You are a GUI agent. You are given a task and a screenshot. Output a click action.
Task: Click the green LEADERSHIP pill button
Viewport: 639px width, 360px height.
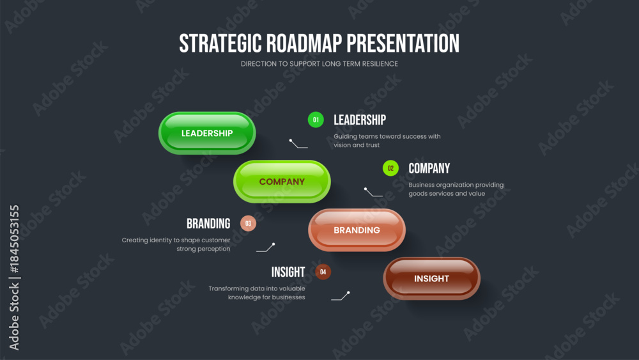click(207, 133)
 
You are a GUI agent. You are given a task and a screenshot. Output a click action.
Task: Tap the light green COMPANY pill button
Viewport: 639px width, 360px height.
click(282, 182)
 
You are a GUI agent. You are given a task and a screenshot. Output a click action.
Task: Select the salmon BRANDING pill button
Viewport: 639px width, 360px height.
click(357, 230)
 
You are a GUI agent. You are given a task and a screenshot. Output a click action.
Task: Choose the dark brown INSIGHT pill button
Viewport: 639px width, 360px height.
click(431, 278)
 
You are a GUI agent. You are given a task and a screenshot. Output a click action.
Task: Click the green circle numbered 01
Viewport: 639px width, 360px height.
click(316, 120)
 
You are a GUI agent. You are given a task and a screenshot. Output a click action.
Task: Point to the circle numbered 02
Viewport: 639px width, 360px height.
click(390, 168)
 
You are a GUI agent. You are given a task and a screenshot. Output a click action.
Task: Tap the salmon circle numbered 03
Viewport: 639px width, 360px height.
click(248, 223)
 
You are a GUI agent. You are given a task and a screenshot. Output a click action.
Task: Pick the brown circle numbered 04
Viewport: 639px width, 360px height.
click(323, 272)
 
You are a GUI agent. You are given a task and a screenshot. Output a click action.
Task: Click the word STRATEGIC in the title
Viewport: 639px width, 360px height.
click(220, 43)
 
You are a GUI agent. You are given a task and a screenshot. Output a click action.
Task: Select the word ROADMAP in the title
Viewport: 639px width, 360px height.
click(304, 43)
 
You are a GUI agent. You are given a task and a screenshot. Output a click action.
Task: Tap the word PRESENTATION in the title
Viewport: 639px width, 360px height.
click(403, 43)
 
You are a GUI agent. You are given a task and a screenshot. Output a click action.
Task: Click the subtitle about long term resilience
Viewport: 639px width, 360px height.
click(319, 64)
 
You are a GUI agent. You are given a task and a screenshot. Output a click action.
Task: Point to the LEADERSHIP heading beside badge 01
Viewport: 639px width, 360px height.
click(360, 120)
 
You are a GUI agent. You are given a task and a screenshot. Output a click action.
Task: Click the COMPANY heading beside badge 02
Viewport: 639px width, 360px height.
click(429, 168)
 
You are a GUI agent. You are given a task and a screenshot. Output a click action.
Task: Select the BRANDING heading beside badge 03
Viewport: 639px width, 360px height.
click(209, 223)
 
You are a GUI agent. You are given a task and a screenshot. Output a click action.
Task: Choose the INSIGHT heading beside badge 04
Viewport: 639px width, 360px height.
click(288, 272)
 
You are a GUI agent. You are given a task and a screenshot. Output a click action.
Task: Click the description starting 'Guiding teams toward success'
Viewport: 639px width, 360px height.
click(387, 141)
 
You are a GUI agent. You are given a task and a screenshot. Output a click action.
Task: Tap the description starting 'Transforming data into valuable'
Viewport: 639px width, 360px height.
click(257, 293)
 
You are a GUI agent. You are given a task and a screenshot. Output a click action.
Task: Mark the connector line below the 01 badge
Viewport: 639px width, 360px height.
click(298, 145)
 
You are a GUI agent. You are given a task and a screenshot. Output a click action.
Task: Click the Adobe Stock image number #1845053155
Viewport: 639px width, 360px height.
click(14, 239)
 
